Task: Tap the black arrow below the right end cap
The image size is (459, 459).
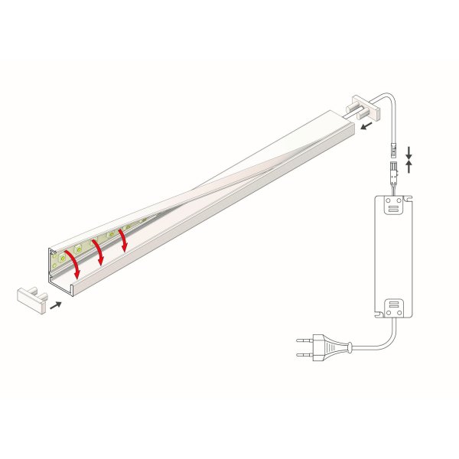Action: pyautogui.click(x=367, y=125)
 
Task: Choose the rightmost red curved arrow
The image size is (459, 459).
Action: pyautogui.click(x=124, y=239)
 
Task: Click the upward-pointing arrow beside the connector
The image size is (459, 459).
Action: pyautogui.click(x=410, y=165)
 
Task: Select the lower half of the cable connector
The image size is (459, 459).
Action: pyautogui.click(x=391, y=167)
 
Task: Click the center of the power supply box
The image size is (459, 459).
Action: pyautogui.click(x=394, y=256)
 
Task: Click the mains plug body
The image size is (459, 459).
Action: pyautogui.click(x=333, y=350)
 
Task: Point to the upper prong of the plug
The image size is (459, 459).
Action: pyautogui.click(x=302, y=340)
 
